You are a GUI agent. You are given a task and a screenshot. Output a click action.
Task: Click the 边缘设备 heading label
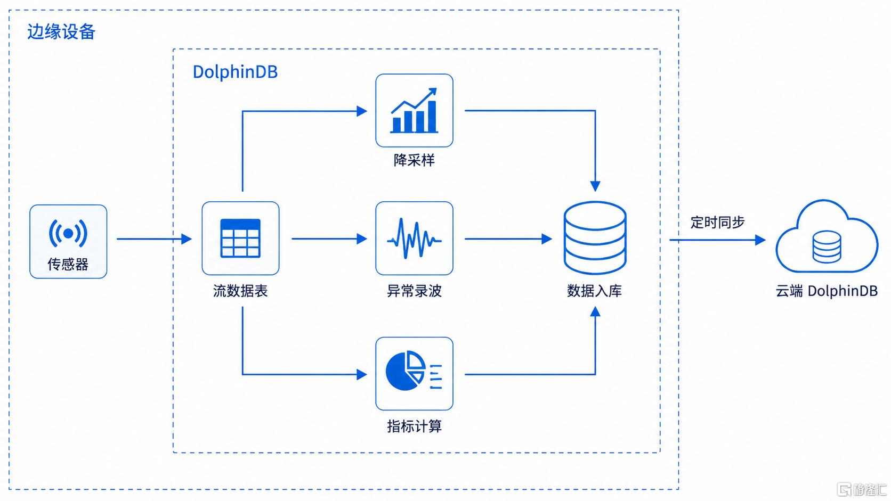click(61, 32)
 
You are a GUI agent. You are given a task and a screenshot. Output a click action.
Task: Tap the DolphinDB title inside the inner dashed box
click(235, 72)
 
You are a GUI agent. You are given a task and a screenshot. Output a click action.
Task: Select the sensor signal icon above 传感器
click(68, 233)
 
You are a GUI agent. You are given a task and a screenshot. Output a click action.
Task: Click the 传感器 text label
click(68, 264)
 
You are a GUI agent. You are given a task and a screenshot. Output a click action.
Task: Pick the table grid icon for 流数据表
click(240, 239)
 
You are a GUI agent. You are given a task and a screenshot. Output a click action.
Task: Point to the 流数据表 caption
click(240, 291)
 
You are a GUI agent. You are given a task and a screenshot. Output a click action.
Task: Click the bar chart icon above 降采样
click(414, 110)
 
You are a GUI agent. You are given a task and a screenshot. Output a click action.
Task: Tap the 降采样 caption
click(414, 160)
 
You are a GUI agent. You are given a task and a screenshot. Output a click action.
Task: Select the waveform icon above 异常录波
click(414, 239)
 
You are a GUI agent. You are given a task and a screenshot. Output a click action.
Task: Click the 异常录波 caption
click(414, 291)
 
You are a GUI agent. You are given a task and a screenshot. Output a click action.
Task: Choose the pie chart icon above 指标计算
click(414, 370)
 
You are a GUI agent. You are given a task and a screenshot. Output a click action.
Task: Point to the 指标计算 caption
click(414, 426)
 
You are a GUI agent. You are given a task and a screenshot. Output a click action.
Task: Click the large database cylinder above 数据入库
click(595, 238)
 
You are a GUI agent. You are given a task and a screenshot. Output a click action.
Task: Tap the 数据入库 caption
click(594, 291)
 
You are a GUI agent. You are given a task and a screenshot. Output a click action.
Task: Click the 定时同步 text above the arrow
click(717, 223)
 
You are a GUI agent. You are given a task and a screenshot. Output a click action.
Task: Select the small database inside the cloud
click(827, 247)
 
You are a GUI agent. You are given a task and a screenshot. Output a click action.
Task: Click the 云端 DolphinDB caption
click(827, 291)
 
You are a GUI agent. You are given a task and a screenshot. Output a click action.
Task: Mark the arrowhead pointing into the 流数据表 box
click(187, 239)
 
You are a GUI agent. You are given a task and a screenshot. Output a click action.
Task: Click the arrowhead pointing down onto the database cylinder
click(595, 186)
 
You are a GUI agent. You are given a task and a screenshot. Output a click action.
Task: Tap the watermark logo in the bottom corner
click(862, 489)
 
